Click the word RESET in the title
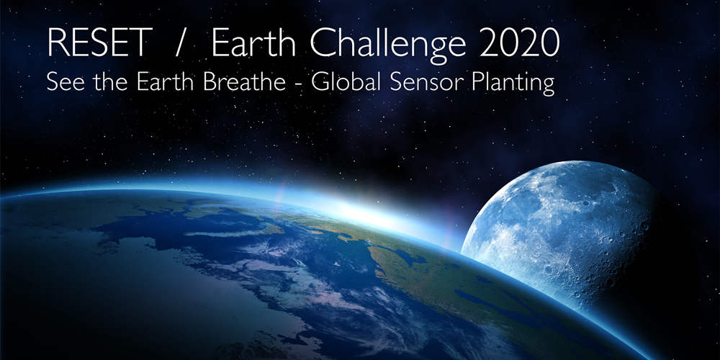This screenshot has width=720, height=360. [99, 43]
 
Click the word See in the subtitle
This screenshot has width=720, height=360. [63, 83]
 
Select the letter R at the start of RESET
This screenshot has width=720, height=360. [58, 43]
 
